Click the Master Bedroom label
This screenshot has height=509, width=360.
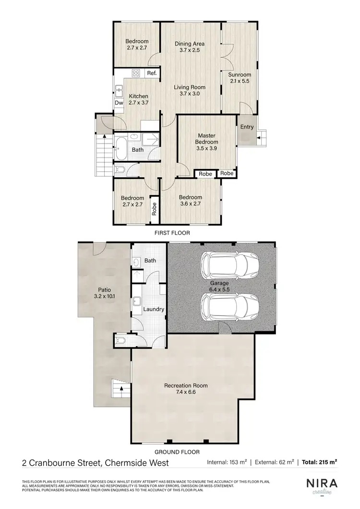(x=206, y=139)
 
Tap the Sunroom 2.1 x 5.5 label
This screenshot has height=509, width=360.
(x=239, y=78)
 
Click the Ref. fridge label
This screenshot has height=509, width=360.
(x=152, y=73)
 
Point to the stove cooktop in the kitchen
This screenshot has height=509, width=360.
(x=136, y=73)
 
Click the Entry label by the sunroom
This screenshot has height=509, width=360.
(x=247, y=127)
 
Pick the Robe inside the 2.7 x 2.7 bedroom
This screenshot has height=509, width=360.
(x=155, y=210)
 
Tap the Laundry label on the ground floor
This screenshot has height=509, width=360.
(x=154, y=309)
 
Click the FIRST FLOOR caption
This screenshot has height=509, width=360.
(x=172, y=233)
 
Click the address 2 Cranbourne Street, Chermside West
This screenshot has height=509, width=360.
(x=96, y=463)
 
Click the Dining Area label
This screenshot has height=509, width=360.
(x=190, y=47)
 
